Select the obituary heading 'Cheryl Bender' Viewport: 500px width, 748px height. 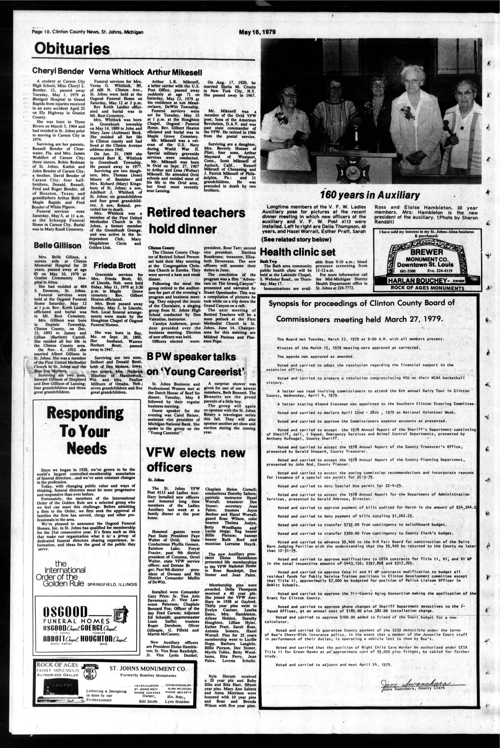point(58,71)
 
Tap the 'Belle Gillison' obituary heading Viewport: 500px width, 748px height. point(57,245)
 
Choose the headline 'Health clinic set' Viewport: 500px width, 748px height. point(298,252)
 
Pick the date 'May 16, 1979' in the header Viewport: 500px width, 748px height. point(257,32)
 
